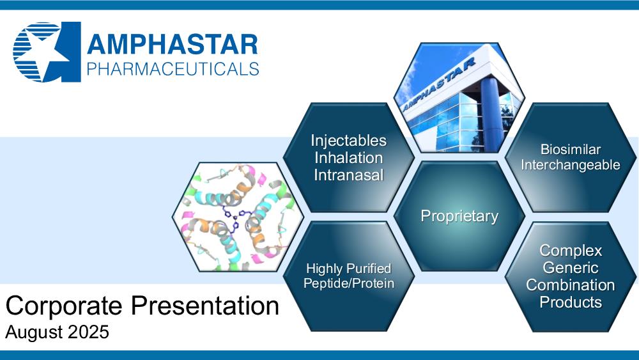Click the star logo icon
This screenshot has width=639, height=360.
tap(47, 52)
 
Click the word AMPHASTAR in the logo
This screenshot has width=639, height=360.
tap(173, 44)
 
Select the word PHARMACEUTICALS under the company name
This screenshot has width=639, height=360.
tap(173, 69)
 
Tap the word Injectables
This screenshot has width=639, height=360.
tap(348, 141)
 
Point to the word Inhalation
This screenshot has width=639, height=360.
tap(348, 158)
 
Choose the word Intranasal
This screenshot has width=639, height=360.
tap(348, 175)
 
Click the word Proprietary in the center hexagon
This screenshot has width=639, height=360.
tap(459, 216)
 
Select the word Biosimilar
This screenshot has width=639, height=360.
tap(571, 149)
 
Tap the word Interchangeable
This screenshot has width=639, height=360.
tap(571, 165)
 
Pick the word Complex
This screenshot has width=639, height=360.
tap(571, 251)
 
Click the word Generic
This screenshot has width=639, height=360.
tap(571, 268)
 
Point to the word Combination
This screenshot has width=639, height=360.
tap(571, 285)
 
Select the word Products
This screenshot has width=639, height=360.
tap(571, 302)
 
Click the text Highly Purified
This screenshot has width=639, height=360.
tap(348, 269)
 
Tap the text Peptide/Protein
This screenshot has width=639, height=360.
tap(349, 283)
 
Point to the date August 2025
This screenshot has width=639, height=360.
tap(57, 332)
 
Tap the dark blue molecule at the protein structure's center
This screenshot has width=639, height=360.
tap(235, 215)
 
